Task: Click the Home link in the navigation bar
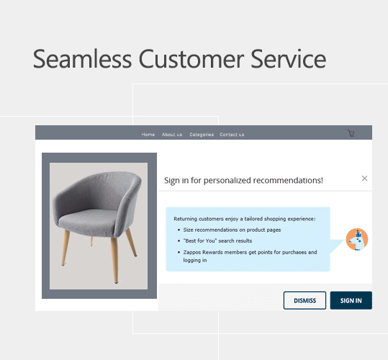click(148, 135)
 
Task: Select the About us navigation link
click(172, 135)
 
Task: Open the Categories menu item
click(202, 135)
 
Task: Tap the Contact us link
click(232, 135)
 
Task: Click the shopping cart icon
click(351, 133)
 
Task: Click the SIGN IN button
click(351, 300)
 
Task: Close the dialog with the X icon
click(364, 179)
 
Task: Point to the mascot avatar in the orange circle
click(356, 240)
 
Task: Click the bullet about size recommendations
click(227, 230)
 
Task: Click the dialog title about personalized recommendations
click(244, 180)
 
